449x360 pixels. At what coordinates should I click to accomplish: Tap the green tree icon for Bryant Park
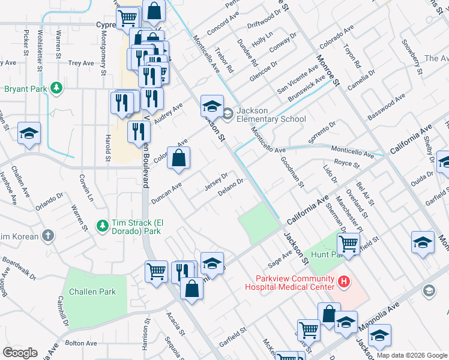click(56, 88)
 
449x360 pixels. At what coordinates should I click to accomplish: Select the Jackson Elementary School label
click(271, 115)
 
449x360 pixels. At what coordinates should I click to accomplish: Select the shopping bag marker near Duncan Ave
click(179, 158)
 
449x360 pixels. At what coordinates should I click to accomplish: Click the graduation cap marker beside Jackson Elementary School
click(211, 107)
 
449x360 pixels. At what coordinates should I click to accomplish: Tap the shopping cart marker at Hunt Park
click(348, 244)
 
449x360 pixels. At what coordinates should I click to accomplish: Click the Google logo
click(20, 353)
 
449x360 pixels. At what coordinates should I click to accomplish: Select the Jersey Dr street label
click(216, 181)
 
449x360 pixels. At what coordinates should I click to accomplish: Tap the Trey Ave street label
click(81, 63)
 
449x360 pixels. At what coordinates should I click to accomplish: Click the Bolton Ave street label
click(81, 343)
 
